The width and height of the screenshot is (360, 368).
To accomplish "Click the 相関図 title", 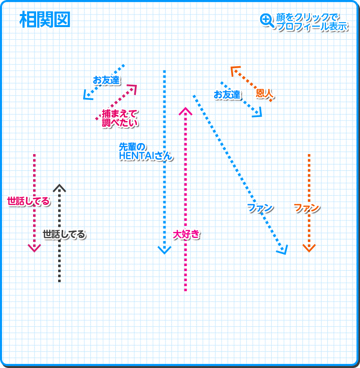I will coord(45,20).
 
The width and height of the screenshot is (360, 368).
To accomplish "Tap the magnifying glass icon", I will coord(266,20).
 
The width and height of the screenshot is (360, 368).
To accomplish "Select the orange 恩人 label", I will coord(264,93).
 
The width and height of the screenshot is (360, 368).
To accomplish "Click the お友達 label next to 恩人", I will coord(227,94).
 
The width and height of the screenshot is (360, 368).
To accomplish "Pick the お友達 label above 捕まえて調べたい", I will coord(106,80).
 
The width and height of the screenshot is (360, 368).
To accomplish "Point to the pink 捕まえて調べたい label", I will coord(119,118).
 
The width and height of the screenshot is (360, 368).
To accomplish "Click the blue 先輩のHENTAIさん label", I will coord(145,152).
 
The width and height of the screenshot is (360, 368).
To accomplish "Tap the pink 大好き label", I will coord(186,234).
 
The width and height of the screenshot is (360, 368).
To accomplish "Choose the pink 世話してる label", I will coord(29,201).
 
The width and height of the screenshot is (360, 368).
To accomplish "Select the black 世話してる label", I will coord(64,234).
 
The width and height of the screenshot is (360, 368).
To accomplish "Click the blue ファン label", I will coord(260,208).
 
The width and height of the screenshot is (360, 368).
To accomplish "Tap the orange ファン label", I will coord(306,208).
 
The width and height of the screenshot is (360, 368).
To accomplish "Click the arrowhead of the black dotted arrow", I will coord(59,188).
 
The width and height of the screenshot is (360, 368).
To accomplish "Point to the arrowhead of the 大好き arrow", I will coord(186,111).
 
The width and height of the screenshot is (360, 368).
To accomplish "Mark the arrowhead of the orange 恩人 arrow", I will coord(234,69).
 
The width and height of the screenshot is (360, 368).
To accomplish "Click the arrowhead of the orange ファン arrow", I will coord(309,248).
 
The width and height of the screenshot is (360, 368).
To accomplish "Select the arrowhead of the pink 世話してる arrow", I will coord(34,248).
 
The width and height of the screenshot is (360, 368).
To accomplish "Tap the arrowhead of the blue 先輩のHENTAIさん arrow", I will coord(164,250).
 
